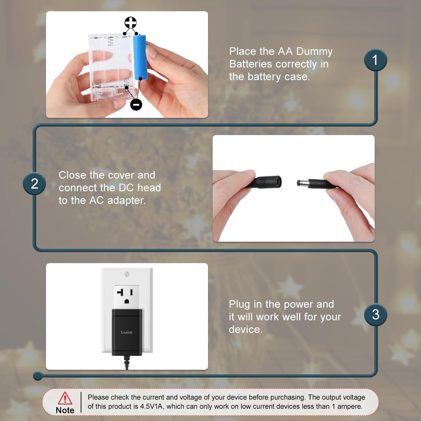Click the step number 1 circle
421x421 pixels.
point(375,60)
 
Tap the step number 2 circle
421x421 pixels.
point(34,184)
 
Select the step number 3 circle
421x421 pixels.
point(375,314)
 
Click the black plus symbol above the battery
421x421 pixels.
point(131,23)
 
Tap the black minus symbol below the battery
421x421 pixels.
point(136,104)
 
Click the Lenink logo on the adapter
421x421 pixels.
point(127,332)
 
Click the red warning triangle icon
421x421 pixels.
point(65,398)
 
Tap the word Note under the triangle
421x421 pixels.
point(65,410)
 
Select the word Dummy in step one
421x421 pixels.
point(314,52)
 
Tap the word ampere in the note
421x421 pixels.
point(349,407)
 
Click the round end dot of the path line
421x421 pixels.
point(38,376)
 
